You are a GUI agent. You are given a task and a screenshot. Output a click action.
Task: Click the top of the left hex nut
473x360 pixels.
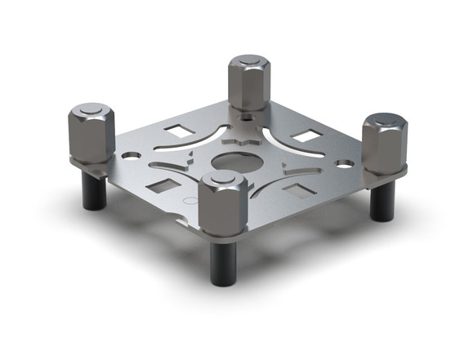coord(90,112)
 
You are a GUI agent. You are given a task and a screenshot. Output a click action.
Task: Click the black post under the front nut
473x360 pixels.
coord(224,262)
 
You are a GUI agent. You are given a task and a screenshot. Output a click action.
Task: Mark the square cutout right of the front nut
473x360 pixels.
coord(297,191)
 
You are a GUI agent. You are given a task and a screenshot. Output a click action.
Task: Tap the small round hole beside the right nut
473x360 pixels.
coord(345,163)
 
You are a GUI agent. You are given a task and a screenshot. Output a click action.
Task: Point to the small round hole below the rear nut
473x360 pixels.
coord(248,116)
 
